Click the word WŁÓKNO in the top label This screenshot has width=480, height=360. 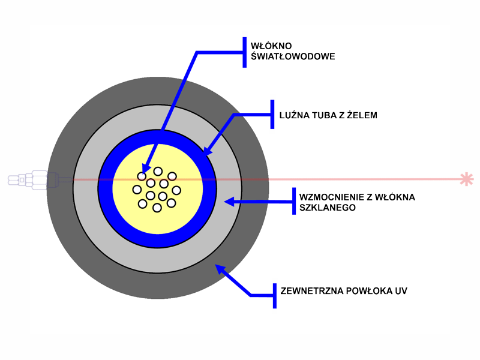click(x=271, y=46)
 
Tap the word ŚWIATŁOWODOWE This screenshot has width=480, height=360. click(x=293, y=56)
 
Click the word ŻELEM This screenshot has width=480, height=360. click(x=362, y=115)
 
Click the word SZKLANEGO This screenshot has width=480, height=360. click(x=328, y=208)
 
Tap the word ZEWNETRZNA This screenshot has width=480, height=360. click(x=311, y=291)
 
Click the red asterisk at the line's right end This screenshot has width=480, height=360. click(x=467, y=179)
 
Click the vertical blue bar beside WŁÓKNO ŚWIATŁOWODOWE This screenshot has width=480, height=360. click(x=245, y=52)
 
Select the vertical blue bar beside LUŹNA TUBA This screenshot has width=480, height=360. click(x=272, y=114)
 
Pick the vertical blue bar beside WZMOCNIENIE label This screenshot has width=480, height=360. click(x=294, y=201)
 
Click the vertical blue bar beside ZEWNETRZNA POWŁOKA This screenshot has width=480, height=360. click(x=275, y=296)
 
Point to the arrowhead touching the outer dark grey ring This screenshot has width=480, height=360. click(x=220, y=269)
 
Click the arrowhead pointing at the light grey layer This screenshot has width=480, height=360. click(x=229, y=202)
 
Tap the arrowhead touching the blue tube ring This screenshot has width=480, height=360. click(x=208, y=151)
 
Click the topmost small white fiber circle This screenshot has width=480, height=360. click(x=158, y=172)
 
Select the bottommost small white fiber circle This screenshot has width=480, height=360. click(x=157, y=208)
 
